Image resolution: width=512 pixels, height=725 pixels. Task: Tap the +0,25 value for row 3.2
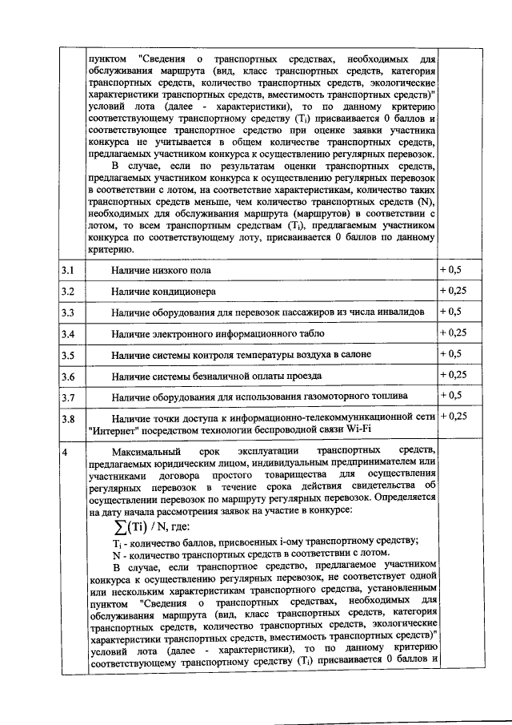click(453, 291)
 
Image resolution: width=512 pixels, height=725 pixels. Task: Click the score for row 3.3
click(450, 311)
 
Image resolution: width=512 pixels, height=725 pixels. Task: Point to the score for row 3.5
click(450, 353)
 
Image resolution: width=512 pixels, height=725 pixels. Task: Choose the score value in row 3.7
click(450, 395)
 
